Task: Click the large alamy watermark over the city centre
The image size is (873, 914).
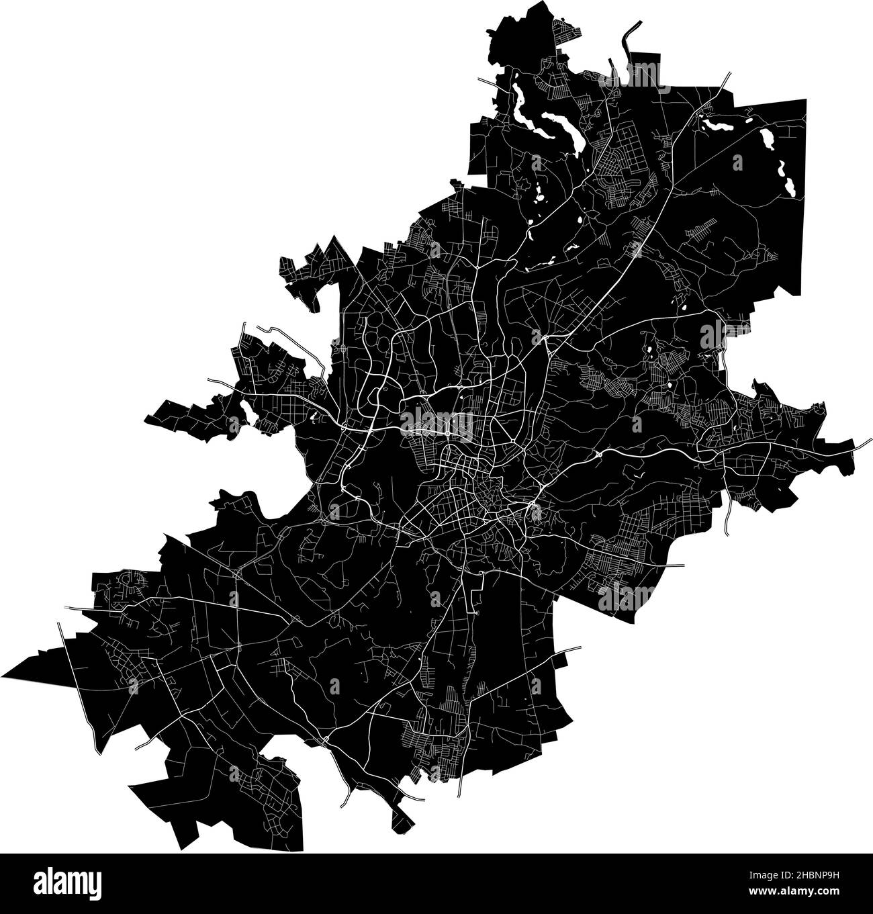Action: click(x=436, y=424)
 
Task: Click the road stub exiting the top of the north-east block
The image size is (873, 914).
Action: click(x=725, y=77)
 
